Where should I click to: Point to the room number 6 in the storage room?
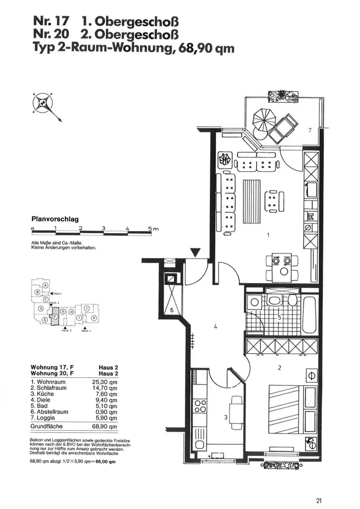point(172,309)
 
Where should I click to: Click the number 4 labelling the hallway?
point(216,327)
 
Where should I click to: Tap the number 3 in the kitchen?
point(226,418)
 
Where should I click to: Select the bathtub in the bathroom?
point(310,315)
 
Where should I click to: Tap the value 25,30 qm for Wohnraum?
point(107,381)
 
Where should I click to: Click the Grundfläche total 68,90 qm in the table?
point(107,426)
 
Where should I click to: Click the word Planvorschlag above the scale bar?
point(55,219)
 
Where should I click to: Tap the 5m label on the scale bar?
point(153,229)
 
